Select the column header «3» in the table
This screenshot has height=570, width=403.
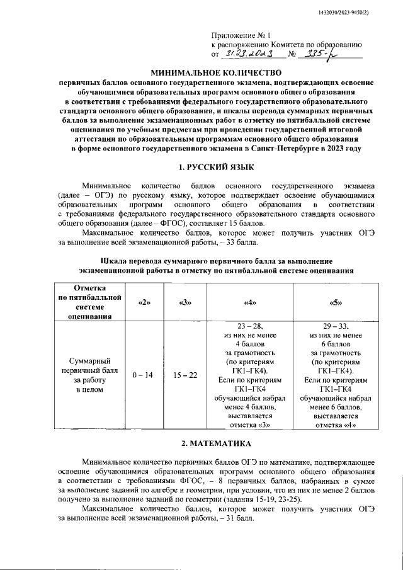click(x=185, y=303)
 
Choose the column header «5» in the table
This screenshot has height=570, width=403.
click(x=335, y=303)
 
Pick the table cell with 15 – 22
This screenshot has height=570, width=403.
click(x=185, y=375)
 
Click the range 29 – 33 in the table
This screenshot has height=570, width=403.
click(x=335, y=326)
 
